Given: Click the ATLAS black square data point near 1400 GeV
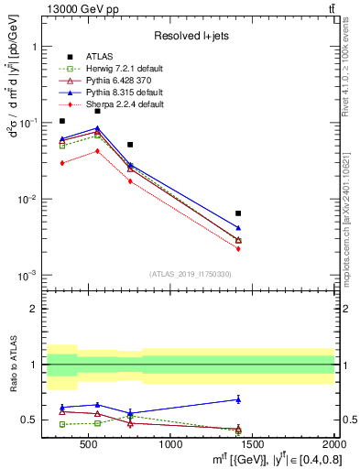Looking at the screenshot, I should (238, 213).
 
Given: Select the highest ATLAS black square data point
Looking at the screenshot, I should (97, 111).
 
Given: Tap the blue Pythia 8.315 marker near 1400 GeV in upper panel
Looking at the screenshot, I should (238, 228).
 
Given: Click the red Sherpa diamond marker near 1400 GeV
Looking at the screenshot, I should (238, 248).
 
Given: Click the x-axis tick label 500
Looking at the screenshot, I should (89, 445).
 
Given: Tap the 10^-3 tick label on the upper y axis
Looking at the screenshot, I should (30, 276).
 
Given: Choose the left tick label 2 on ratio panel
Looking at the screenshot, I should (34, 309).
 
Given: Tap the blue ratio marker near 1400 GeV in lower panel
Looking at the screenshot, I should (238, 399).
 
